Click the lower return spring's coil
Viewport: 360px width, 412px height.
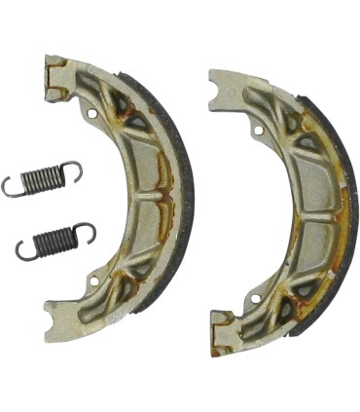[x=54, y=239]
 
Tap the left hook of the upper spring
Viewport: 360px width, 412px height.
[x=12, y=186]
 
